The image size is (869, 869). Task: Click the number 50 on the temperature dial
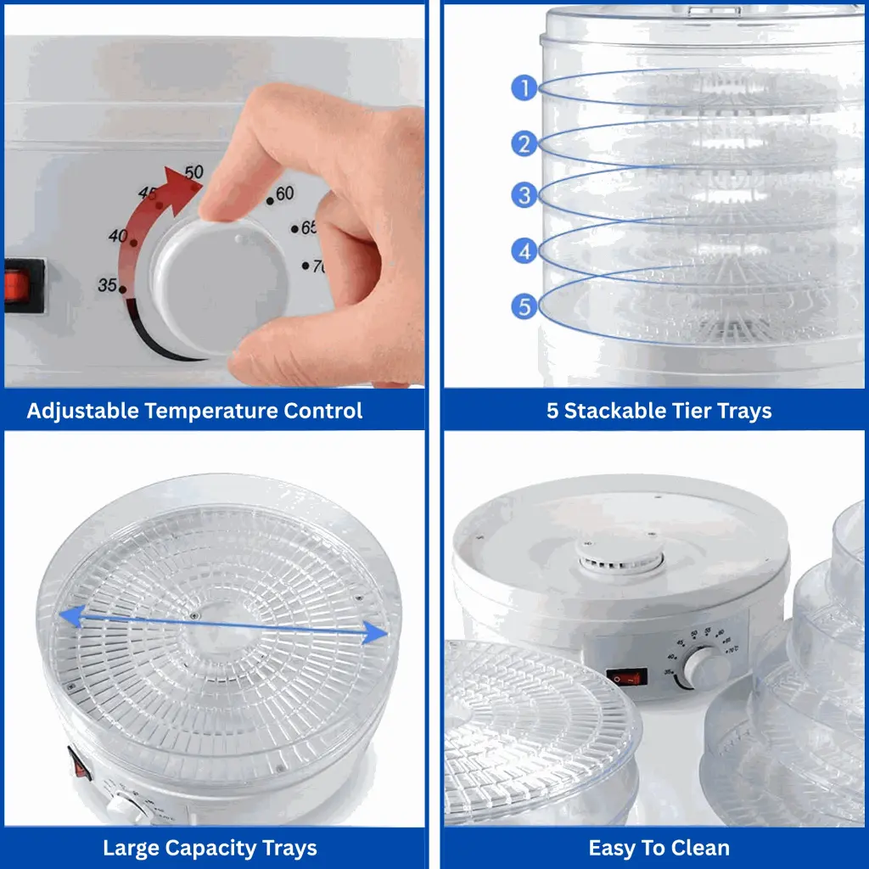[194, 172]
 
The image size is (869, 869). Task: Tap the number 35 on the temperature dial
[107, 285]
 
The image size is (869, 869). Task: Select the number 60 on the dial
[284, 194]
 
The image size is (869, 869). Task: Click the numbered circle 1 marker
[525, 87]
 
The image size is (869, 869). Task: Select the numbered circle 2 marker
[525, 143]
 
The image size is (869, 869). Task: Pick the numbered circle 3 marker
[525, 195]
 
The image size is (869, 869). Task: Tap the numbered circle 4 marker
[525, 250]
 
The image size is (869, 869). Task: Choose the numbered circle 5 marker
[525, 306]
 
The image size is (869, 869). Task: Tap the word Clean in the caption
[704, 848]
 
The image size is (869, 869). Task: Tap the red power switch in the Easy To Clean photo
[626, 677]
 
